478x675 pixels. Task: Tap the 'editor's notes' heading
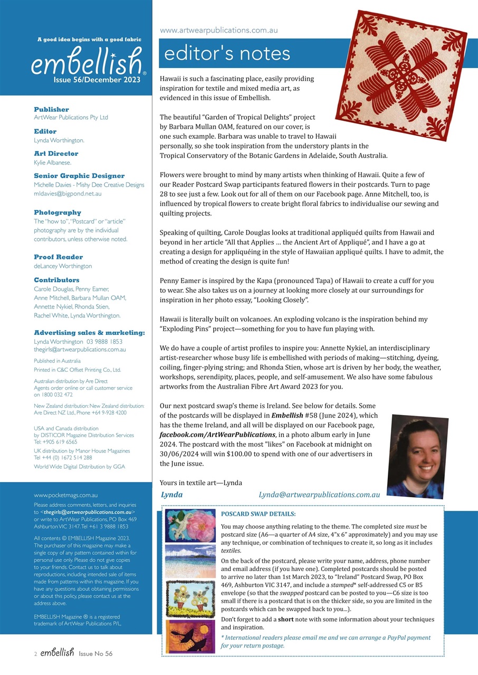coord(227,53)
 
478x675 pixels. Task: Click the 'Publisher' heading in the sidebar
coord(51,109)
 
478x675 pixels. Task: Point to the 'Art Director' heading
coord(56,153)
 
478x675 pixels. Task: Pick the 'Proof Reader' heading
coord(58,257)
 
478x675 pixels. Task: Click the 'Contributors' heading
coord(56,280)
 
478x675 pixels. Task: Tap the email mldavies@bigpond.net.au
coord(68,194)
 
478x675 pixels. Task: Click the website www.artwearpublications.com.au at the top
coord(218,31)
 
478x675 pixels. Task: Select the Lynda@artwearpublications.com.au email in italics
coord(319,495)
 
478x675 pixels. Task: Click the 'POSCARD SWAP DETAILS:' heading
coord(258,514)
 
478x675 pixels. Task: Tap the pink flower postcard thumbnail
coord(190,525)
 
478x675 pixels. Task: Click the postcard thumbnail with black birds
coord(190,636)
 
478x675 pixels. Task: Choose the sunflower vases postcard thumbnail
coord(190,598)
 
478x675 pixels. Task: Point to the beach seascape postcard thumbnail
coord(190,561)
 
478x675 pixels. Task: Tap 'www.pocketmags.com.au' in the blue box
coord(65,495)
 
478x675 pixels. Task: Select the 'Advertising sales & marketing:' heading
coord(89,333)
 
